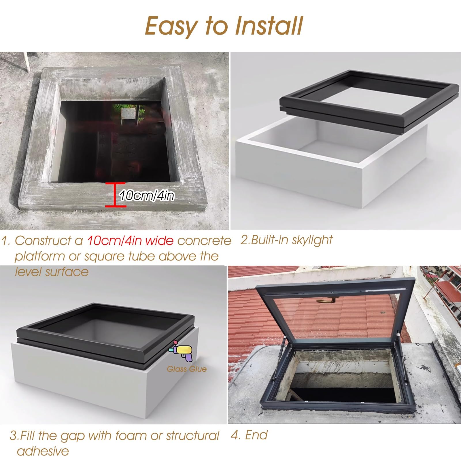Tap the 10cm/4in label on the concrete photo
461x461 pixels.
point(147,196)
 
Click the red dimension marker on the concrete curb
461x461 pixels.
point(115,195)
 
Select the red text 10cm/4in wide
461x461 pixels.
point(130,240)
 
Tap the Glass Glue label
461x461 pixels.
point(187,369)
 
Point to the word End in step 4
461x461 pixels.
point(256,435)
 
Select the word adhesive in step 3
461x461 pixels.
point(43,451)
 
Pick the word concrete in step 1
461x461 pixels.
point(204,241)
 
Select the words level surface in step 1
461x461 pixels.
point(52,272)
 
